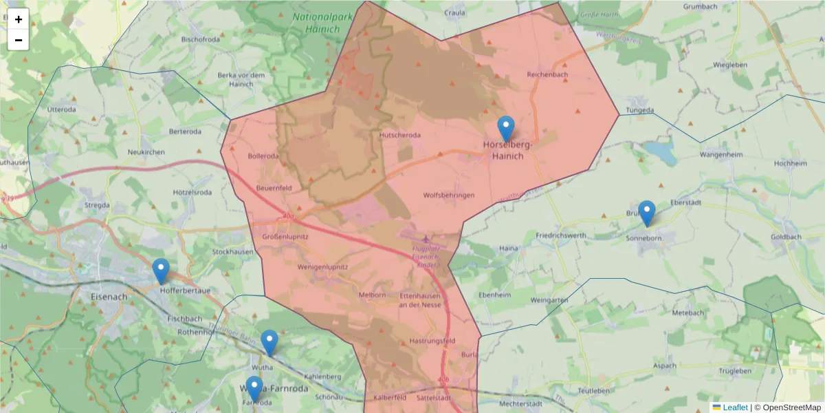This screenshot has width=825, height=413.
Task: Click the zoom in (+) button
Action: [19, 19]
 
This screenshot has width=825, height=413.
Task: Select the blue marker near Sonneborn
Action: [646, 213]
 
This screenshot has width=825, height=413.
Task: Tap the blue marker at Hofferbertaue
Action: [161, 271]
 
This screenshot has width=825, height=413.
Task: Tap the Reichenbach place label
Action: [547, 74]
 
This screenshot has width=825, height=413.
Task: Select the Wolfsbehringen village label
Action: [449, 195]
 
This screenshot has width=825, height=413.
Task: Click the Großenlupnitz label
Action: [285, 237]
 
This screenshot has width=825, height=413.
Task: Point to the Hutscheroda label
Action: [400, 136]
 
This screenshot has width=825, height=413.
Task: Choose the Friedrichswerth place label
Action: [561, 235]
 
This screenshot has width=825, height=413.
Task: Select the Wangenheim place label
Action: [720, 155]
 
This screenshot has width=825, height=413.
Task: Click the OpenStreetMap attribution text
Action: [787, 407]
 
